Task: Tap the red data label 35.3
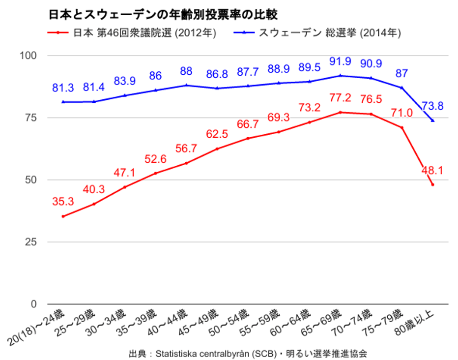point(63,201)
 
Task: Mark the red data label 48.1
point(432,171)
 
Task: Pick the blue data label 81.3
point(63,88)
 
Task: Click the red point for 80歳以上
point(432,184)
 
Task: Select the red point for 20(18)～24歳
point(63,216)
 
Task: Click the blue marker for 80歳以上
point(432,120)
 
